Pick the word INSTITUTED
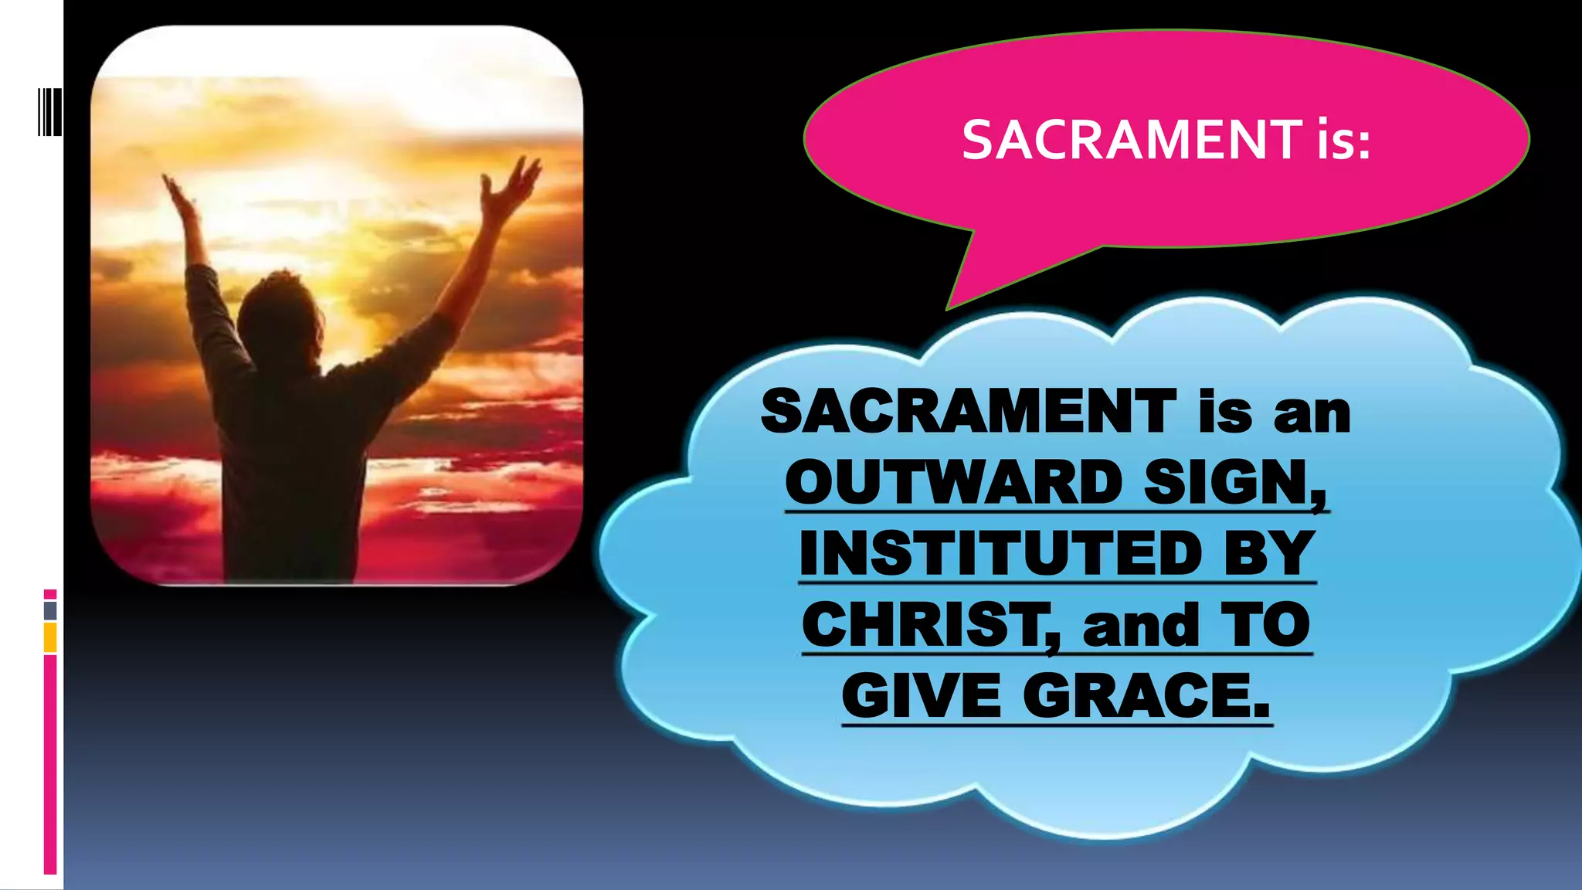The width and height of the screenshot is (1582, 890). (x=1000, y=553)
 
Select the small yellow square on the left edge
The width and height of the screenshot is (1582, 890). (x=50, y=637)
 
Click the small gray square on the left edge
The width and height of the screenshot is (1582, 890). (x=50, y=610)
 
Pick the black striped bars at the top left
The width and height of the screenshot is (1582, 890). (x=49, y=112)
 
